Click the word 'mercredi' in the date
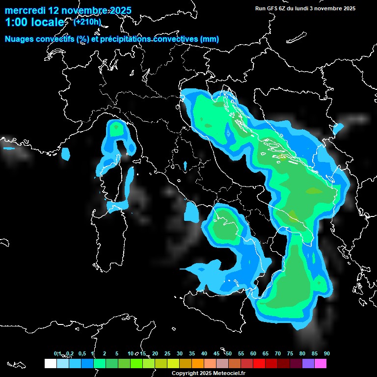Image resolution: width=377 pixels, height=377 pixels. tap(25, 10)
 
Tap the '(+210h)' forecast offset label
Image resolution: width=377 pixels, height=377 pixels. tap(87, 22)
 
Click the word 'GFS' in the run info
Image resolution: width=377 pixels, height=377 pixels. tap(273, 8)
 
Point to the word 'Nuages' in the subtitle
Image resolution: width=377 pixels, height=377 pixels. tap(21, 39)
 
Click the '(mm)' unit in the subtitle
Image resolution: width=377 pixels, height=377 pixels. tap(210, 39)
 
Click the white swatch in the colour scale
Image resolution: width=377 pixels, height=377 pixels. tap(50, 364)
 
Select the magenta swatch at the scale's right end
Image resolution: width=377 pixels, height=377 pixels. tap(321, 364)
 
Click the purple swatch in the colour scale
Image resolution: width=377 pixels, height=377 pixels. tap(308, 364)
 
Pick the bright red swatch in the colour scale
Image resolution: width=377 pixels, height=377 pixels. tap(259, 364)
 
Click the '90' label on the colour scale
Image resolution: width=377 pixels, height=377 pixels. tap(327, 353)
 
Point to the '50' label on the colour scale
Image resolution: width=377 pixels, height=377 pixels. tap(229, 353)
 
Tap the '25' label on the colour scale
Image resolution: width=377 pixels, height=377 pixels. tap(167, 353)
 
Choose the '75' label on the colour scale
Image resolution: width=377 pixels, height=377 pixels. tap(290, 353)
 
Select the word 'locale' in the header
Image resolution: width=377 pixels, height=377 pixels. tap(47, 23)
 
